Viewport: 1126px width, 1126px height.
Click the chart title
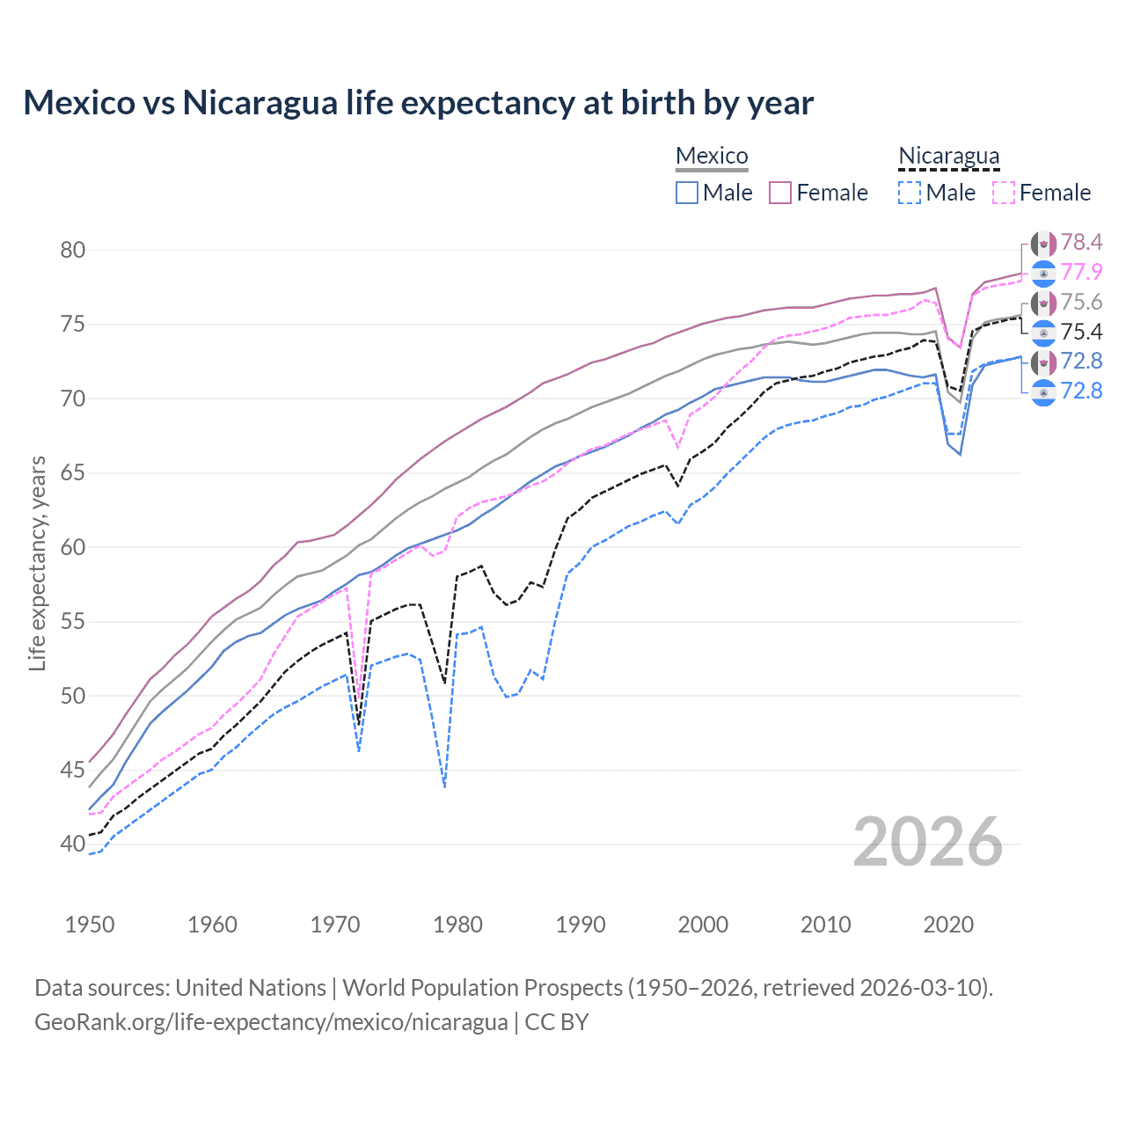pyautogui.click(x=418, y=103)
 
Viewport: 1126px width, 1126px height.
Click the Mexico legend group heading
pyautogui.click(x=711, y=156)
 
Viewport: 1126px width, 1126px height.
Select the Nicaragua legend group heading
pyautogui.click(x=948, y=156)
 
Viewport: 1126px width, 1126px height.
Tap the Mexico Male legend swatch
pyautogui.click(x=687, y=193)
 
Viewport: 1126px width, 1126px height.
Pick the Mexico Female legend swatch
pyautogui.click(x=780, y=193)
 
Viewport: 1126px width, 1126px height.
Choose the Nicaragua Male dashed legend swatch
pyautogui.click(x=910, y=193)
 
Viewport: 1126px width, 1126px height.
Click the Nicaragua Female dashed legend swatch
pyautogui.click(x=1004, y=193)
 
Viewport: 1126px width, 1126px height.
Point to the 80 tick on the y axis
pyautogui.click(x=73, y=250)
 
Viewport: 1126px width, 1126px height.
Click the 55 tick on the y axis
pyautogui.click(x=73, y=622)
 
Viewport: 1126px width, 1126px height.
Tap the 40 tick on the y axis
pyautogui.click(x=73, y=844)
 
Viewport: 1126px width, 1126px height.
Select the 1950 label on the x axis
pyautogui.click(x=90, y=925)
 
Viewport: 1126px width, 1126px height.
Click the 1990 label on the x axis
pyautogui.click(x=581, y=925)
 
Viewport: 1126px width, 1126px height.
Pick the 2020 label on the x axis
pyautogui.click(x=948, y=925)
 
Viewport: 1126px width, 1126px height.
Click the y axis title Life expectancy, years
pyautogui.click(x=37, y=563)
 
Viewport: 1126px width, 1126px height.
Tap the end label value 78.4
pyautogui.click(x=1081, y=243)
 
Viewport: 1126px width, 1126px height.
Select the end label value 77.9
pyautogui.click(x=1081, y=272)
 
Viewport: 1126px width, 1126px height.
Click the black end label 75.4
pyautogui.click(x=1081, y=332)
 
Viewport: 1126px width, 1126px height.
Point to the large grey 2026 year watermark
pyautogui.click(x=927, y=843)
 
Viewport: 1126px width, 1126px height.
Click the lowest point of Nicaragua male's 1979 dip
pyautogui.click(x=445, y=786)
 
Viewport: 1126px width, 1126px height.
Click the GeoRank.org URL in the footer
pyautogui.click(x=271, y=1022)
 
